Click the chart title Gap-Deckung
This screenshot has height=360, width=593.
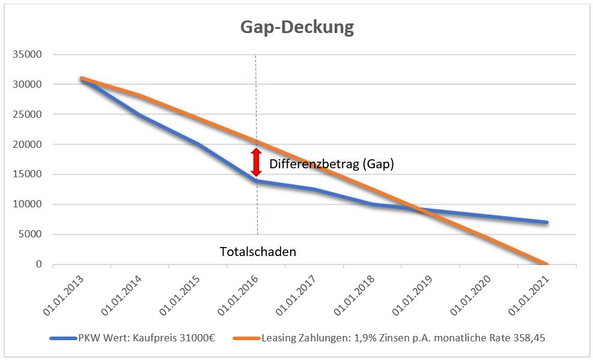click(x=297, y=28)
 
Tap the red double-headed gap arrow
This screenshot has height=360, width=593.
click(x=257, y=162)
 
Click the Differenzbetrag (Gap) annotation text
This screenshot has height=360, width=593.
click(x=332, y=164)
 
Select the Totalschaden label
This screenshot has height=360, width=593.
click(x=257, y=252)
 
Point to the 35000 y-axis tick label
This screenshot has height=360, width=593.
click(x=29, y=55)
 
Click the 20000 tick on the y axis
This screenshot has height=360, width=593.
click(x=29, y=144)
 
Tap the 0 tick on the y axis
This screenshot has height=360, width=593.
click(x=39, y=264)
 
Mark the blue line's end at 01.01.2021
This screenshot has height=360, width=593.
click(x=547, y=222)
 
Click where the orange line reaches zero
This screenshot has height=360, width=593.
click(x=547, y=264)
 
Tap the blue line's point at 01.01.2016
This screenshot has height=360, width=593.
click(x=257, y=181)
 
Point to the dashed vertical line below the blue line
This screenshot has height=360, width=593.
click(x=257, y=210)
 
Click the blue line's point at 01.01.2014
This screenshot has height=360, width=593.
click(x=140, y=115)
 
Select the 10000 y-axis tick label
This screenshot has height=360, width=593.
click(x=29, y=204)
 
